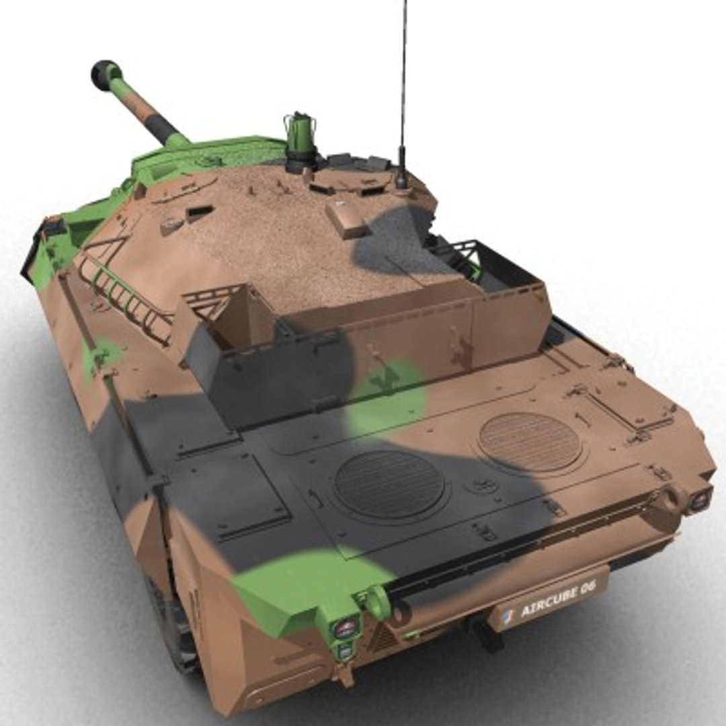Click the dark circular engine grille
click(x=389, y=485)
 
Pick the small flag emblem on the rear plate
click(x=508, y=613)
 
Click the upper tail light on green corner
click(x=344, y=629)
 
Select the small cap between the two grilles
click(x=482, y=485)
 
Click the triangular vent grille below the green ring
click(x=385, y=639)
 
